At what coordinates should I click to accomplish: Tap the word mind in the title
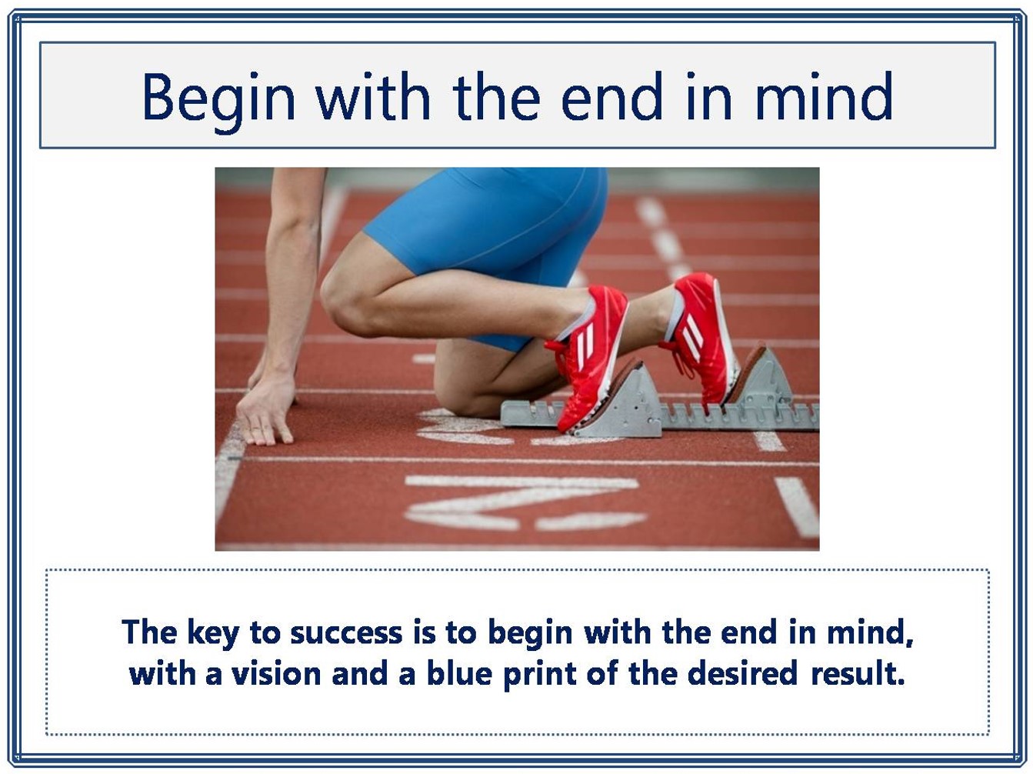point(824,96)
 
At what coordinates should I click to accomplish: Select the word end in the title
point(611,96)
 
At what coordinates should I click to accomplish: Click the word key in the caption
point(213,633)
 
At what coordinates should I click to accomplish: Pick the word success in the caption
point(346,634)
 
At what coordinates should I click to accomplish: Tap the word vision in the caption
point(276,674)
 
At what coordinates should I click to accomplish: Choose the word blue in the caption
point(459,673)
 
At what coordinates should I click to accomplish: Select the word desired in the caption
point(742,673)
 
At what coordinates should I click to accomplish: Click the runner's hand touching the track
point(266,409)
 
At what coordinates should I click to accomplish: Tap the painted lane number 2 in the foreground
point(522,503)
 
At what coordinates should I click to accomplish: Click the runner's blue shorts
point(489,235)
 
